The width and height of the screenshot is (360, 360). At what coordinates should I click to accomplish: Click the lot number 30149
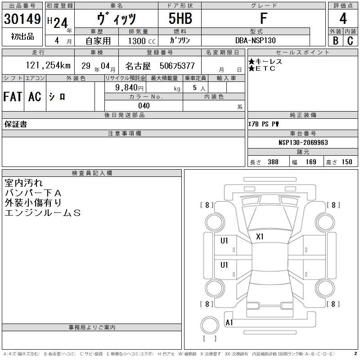[x=22, y=19]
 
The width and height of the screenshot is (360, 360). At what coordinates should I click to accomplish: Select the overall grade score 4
[x=343, y=18]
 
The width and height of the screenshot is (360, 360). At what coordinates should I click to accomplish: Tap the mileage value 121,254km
[x=48, y=65]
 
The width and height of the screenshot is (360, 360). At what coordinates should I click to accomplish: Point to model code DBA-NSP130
[x=255, y=40]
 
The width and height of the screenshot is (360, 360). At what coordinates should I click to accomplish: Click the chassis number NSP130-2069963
[x=303, y=143]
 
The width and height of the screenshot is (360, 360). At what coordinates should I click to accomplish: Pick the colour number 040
[x=144, y=106]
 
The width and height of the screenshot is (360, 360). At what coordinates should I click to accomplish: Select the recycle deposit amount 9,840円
[x=129, y=87]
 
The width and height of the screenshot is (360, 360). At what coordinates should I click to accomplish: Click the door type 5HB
[x=180, y=18]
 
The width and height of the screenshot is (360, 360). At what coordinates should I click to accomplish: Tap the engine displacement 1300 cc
[x=142, y=41]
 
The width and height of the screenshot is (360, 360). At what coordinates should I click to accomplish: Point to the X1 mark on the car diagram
[x=260, y=237]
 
